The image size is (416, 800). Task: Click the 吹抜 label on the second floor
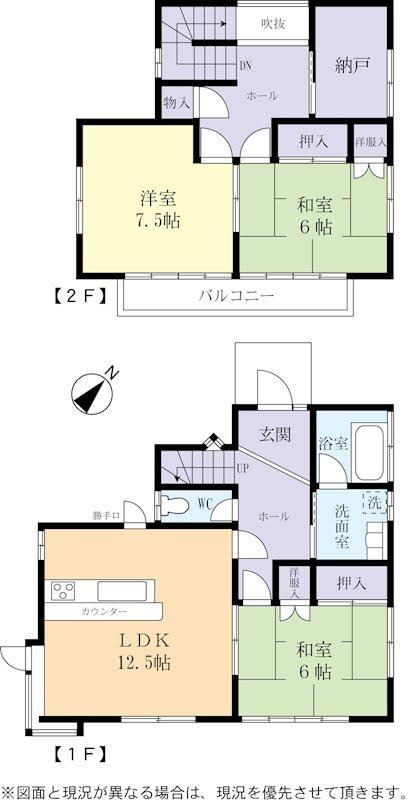[273, 23]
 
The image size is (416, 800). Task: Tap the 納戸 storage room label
[352, 65]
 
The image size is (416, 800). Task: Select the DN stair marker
[245, 66]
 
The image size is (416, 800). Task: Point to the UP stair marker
[242, 467]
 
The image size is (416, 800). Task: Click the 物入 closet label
[177, 103]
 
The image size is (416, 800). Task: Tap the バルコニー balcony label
[236, 295]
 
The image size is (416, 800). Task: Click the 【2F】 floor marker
[80, 295]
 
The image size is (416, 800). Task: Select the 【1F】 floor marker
[80, 752]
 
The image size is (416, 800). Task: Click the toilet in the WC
[174, 506]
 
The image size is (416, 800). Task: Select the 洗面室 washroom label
[341, 526]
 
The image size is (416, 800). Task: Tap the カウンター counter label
[104, 611]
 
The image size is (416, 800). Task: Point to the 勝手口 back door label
[106, 516]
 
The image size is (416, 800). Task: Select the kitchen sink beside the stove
[122, 591]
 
